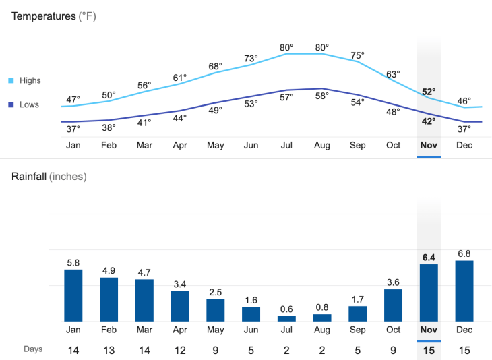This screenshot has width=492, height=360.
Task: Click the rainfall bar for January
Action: coord(73,295)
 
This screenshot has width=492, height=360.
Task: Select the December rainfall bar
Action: coord(464,291)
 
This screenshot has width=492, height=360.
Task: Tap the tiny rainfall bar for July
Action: coord(286,318)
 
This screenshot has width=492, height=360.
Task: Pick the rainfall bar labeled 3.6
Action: coord(393,305)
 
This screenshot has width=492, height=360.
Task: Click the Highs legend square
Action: coord(11,81)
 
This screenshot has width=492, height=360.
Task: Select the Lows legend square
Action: coord(11,105)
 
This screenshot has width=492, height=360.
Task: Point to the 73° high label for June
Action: coord(251,59)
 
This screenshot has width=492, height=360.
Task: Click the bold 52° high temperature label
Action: coord(429,91)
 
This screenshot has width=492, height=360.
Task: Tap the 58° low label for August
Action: coord(322,96)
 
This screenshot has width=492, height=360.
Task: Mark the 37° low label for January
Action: coord(73,128)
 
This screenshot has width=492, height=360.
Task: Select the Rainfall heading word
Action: coord(29,177)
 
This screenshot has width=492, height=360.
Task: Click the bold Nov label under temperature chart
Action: coord(429,145)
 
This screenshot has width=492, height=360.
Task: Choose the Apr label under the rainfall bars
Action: coord(180,330)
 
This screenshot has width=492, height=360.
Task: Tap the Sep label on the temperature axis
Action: coord(357,145)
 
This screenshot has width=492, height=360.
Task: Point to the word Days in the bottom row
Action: coord(33,349)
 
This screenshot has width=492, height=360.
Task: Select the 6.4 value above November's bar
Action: coord(429,257)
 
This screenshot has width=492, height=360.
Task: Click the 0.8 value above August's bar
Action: coord(322,307)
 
